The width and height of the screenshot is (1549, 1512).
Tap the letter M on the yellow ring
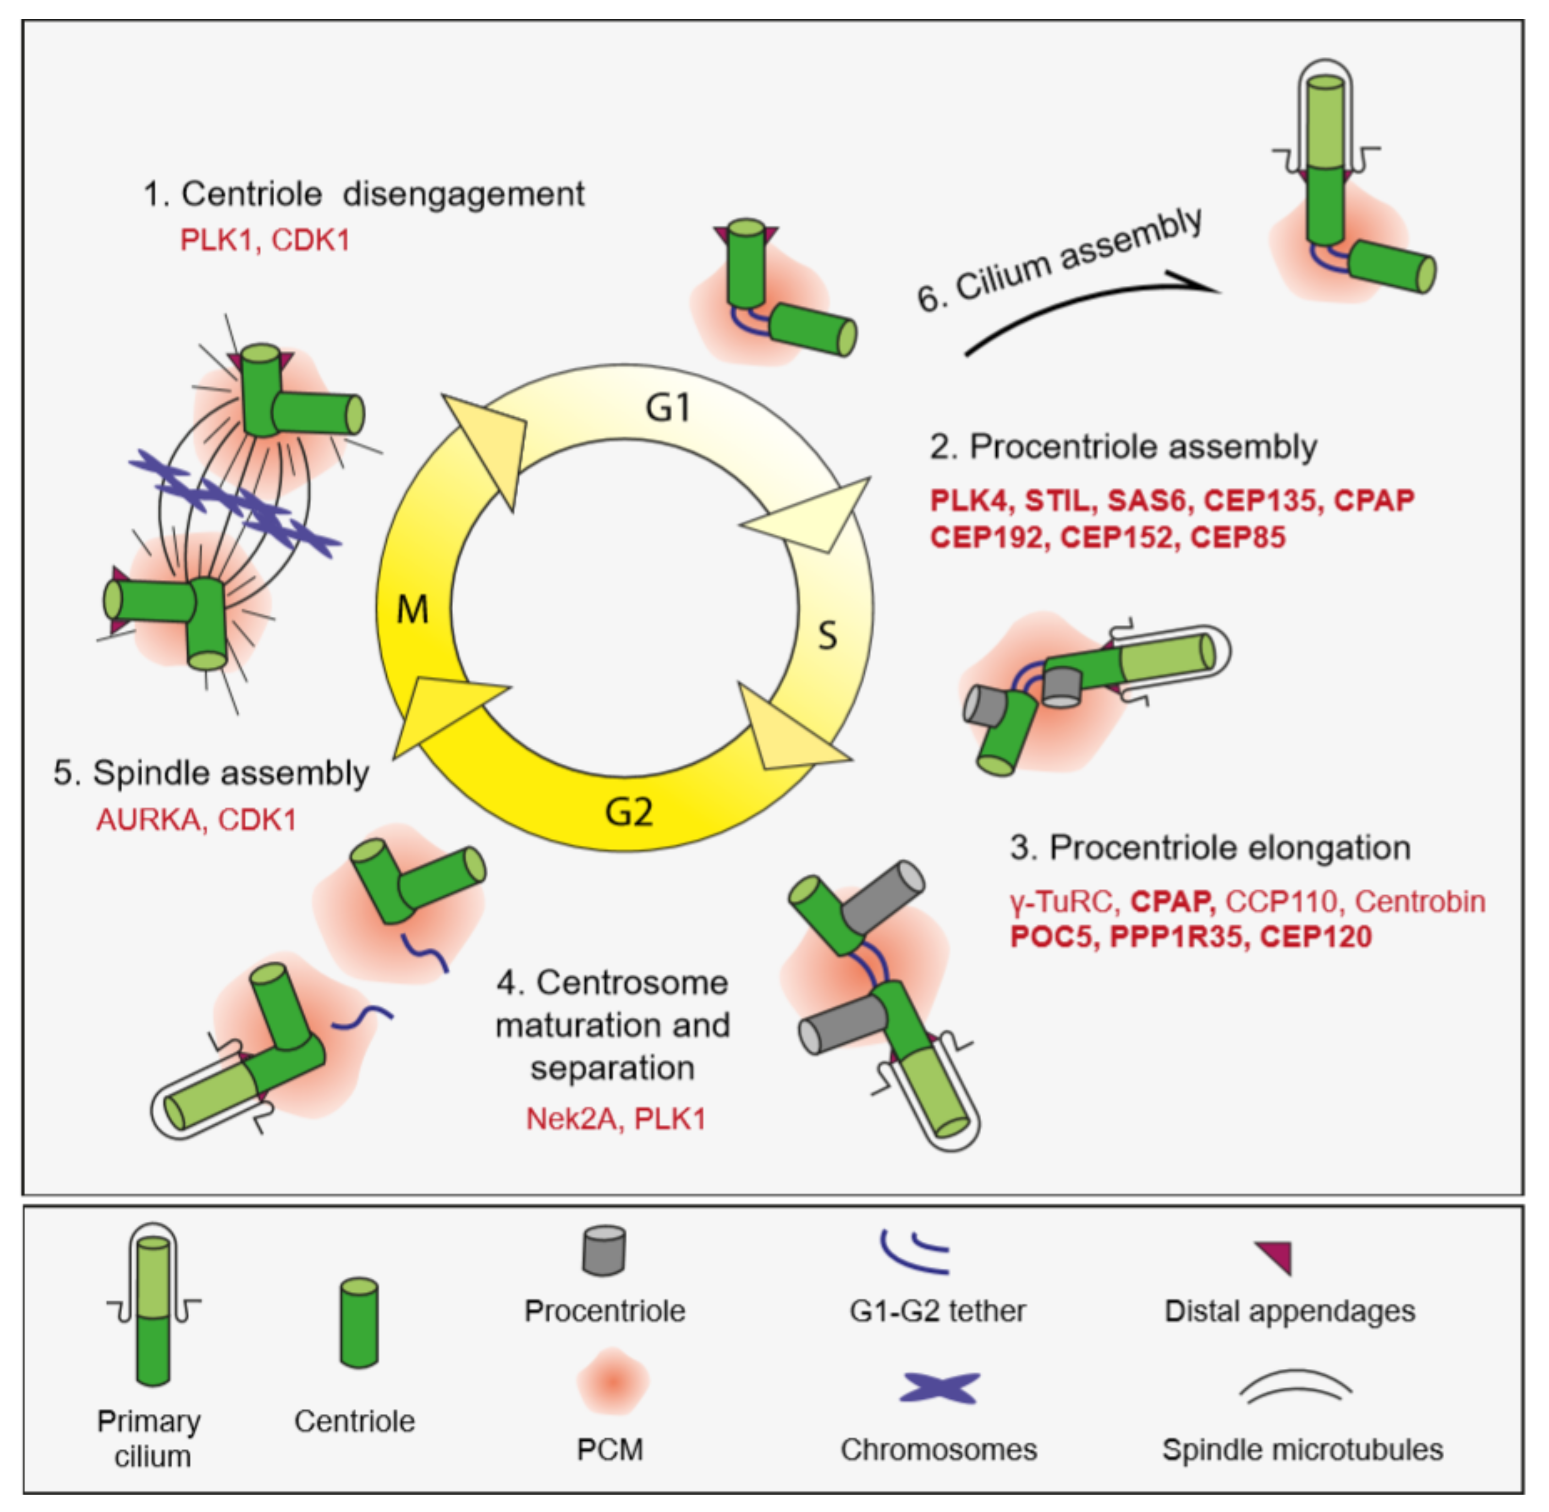412,610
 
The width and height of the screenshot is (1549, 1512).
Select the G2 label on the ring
629,812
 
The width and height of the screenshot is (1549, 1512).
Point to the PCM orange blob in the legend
611,1382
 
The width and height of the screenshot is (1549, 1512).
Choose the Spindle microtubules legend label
1302,1449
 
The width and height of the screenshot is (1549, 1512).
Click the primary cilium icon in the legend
153,1302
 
